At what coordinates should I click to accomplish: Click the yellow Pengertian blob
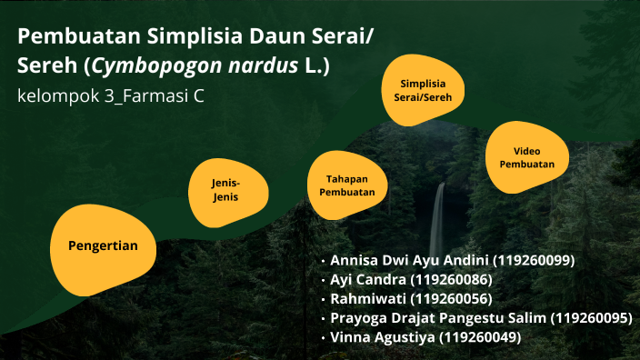pyautogui.click(x=103, y=246)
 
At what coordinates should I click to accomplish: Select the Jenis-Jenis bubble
pyautogui.click(x=225, y=189)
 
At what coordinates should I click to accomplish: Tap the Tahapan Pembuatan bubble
pyautogui.click(x=346, y=185)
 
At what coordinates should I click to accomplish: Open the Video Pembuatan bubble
pyautogui.click(x=526, y=157)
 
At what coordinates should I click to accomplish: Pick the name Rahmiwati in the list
pyautogui.click(x=367, y=298)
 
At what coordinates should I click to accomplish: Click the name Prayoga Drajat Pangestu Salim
pyautogui.click(x=439, y=318)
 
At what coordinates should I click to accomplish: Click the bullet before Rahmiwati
pyautogui.click(x=323, y=299)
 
